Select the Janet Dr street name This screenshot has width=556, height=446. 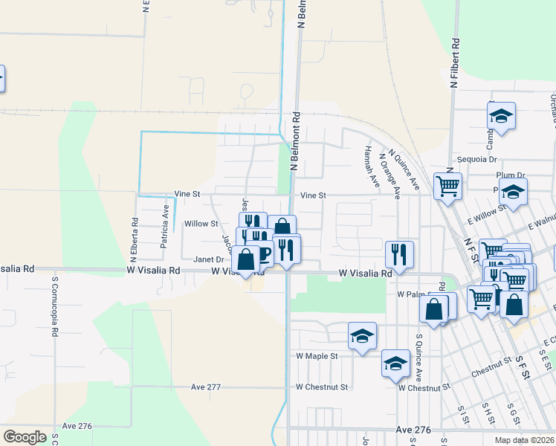208,259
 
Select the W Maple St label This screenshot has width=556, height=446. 317,356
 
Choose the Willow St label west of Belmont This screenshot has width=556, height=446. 201,223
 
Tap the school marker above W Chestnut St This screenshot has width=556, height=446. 395,363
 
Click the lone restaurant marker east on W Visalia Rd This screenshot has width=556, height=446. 400,254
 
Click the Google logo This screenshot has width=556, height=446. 25,437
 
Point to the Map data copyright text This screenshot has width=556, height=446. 524,440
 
